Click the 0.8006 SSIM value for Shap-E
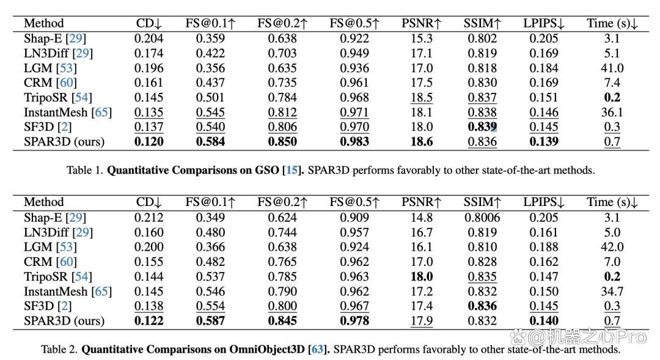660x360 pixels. pos(482,218)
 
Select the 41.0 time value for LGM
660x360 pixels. pos(612,68)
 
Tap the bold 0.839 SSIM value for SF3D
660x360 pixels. pos(482,127)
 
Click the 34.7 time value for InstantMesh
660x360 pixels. pos(612,292)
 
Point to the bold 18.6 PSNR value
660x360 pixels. pos(422,142)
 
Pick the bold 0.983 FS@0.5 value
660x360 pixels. pos(354,142)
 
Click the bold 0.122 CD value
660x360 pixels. pos(149,321)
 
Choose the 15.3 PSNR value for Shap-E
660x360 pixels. pos(422,39)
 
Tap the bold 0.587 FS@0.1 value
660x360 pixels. pos(210,321)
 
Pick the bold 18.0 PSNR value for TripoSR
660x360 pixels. pos(422,277)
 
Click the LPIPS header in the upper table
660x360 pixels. pos(544,23)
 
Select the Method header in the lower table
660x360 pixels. pos(44,202)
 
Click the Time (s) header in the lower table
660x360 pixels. pos(612,202)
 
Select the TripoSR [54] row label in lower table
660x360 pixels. pos(58,277)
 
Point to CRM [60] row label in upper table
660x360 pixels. pos(51,83)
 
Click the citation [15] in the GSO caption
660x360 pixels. pos(291,170)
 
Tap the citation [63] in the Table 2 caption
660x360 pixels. pos(317,350)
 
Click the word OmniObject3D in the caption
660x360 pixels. pos(266,350)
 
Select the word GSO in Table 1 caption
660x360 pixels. pos(267,170)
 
